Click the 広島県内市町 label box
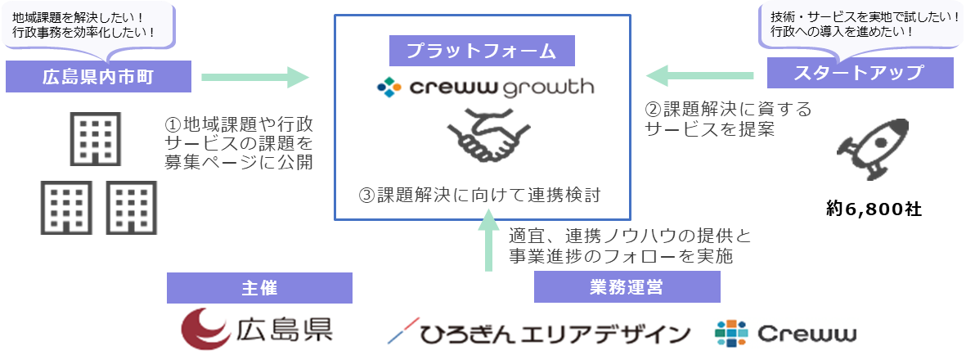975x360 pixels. (98, 78)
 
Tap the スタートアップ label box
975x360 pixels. (860, 74)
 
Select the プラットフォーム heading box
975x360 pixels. (481, 51)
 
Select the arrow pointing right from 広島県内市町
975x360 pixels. (255, 78)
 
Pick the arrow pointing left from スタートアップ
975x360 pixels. (699, 77)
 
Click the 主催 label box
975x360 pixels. (258, 288)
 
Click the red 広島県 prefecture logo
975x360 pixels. (257, 331)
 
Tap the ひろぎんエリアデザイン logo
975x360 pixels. (539, 333)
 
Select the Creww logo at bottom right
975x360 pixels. (785, 333)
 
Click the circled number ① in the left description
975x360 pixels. (172, 125)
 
